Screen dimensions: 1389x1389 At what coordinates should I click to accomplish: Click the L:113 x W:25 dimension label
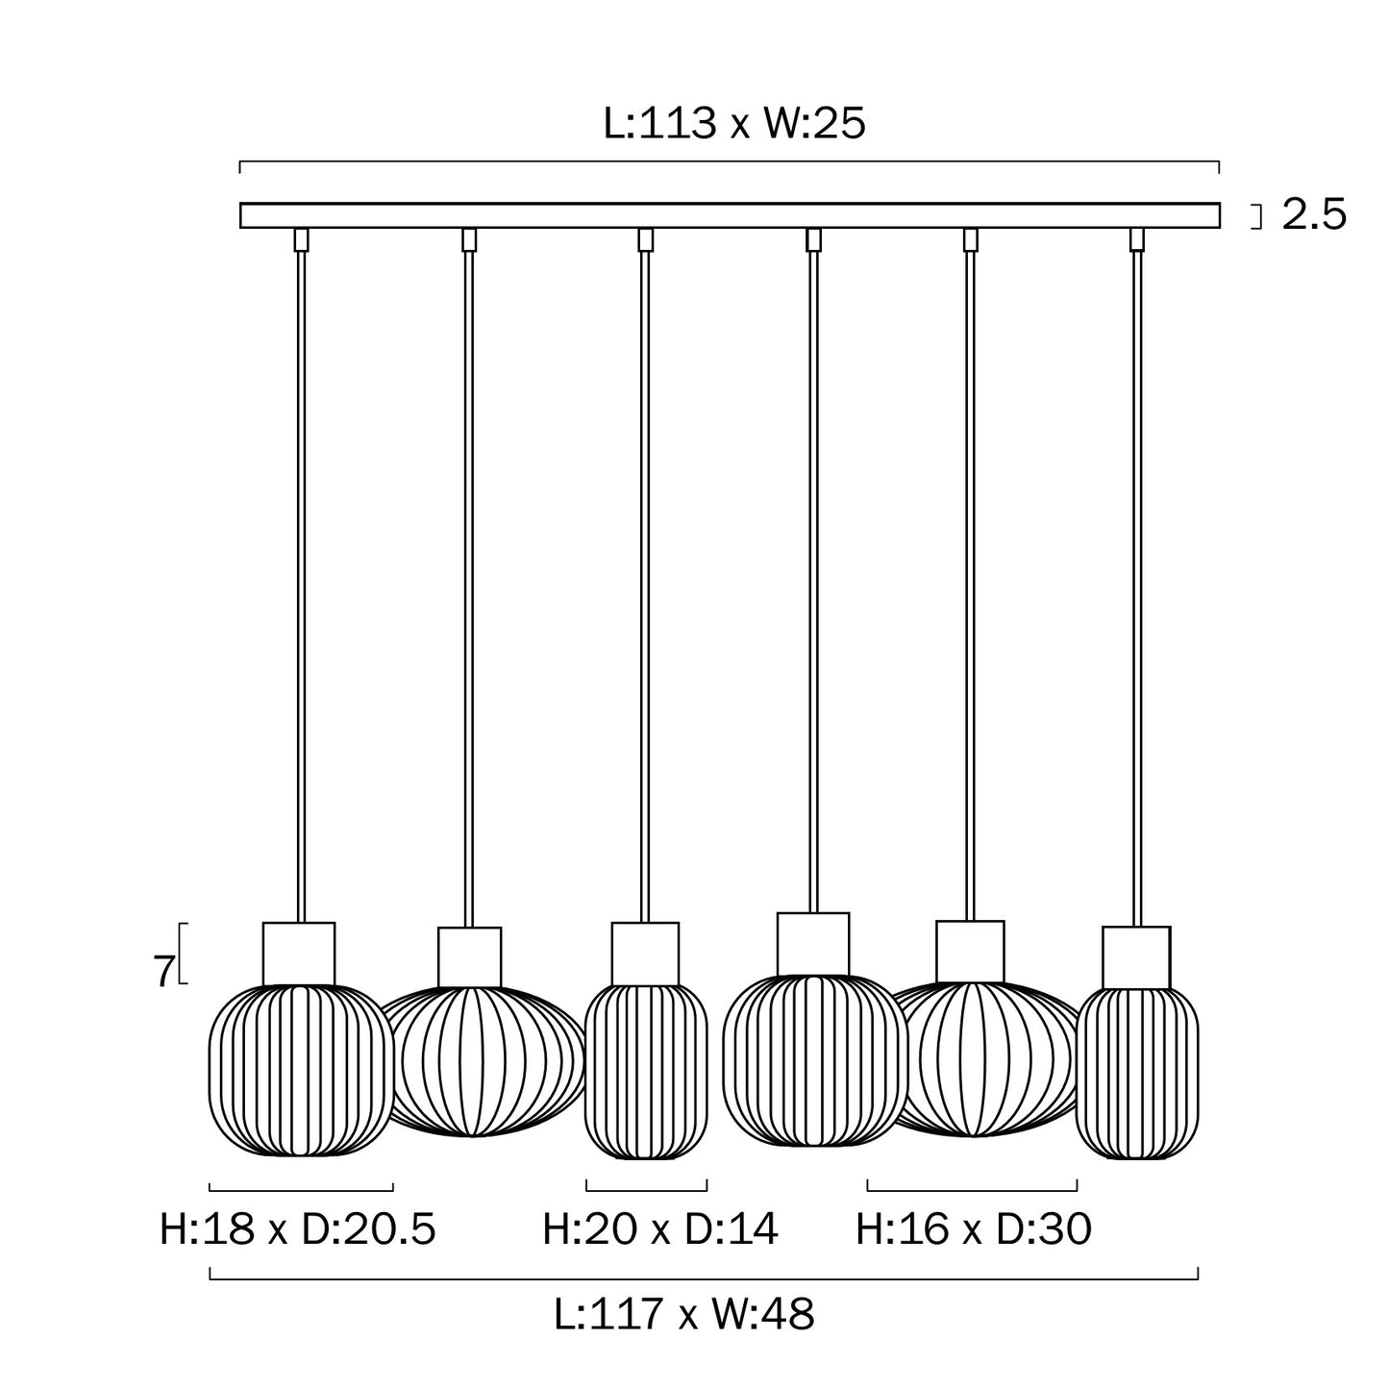pyautogui.click(x=733, y=123)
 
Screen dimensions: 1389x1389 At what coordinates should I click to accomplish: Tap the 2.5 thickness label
pyautogui.click(x=1313, y=214)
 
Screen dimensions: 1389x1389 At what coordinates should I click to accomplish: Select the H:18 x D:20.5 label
pyautogui.click(x=298, y=1229)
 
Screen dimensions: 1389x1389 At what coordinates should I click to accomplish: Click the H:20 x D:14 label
pyautogui.click(x=660, y=1229)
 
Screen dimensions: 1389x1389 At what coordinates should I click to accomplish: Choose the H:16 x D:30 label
pyautogui.click(x=973, y=1229)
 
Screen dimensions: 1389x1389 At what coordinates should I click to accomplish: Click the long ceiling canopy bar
pyautogui.click(x=730, y=215)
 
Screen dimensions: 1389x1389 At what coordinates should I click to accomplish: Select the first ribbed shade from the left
pyautogui.click(x=301, y=1071)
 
